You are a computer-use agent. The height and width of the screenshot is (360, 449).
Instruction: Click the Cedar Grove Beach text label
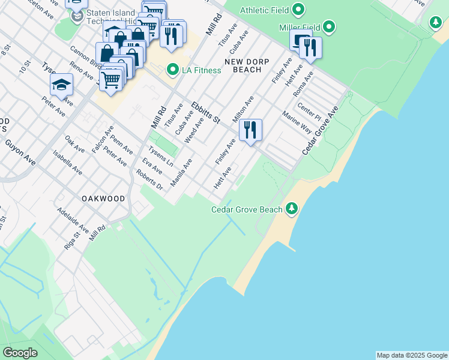click(247, 209)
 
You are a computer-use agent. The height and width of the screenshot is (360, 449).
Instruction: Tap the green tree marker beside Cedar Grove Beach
click(292, 208)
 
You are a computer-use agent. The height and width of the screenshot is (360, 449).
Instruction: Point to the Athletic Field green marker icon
click(298, 10)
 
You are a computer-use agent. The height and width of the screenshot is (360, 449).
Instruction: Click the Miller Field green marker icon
click(329, 27)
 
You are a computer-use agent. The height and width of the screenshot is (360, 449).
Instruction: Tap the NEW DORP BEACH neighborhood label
click(243, 65)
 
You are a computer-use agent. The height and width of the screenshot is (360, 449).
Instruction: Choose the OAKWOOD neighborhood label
click(104, 199)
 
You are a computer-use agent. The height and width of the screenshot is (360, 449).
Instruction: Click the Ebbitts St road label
click(206, 113)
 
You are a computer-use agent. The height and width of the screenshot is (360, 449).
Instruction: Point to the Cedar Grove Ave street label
click(320, 131)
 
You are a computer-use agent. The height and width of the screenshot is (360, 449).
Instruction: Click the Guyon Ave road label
click(20, 152)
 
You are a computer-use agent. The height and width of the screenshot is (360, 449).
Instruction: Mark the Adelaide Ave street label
click(73, 221)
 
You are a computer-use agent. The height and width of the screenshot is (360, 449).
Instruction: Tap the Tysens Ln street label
click(160, 157)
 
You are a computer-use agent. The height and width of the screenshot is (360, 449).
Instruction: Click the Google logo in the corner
click(20, 353)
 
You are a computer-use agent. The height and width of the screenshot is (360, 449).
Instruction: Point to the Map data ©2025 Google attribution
click(412, 355)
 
